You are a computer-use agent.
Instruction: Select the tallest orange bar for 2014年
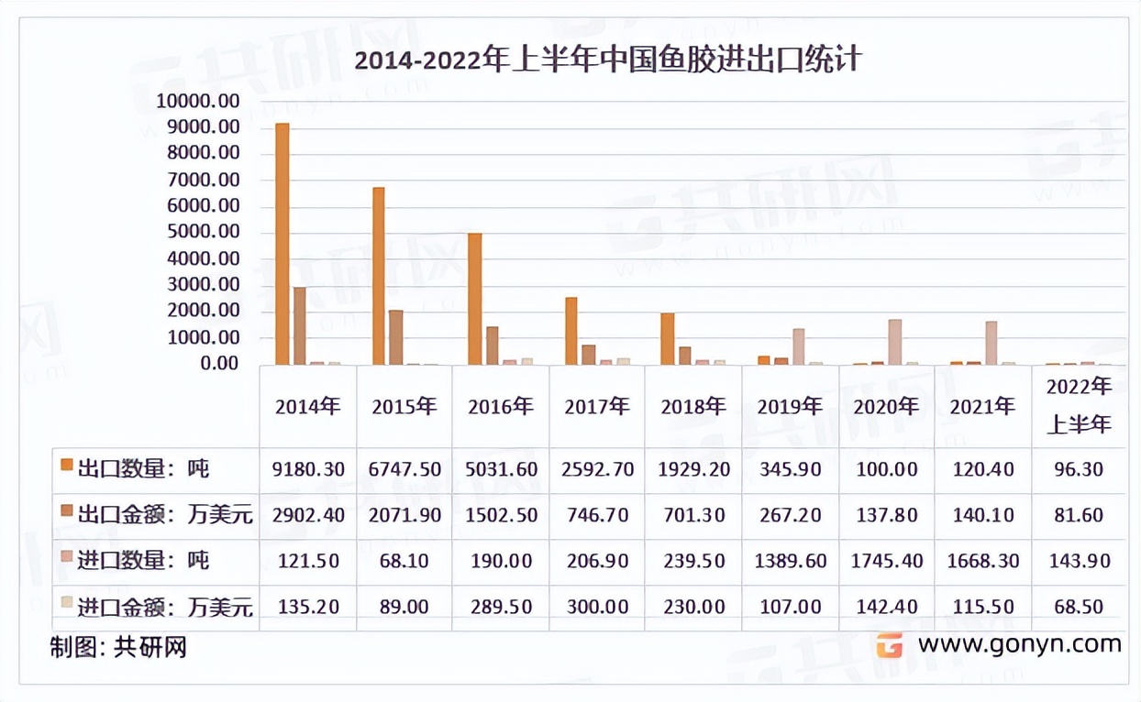pyautogui.click(x=282, y=244)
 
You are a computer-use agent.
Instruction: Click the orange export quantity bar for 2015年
pyautogui.click(x=379, y=276)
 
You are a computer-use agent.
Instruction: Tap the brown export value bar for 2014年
pyautogui.click(x=299, y=325)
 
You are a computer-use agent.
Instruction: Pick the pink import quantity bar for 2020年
pyautogui.click(x=894, y=342)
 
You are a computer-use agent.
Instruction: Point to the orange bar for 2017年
pyautogui.click(x=571, y=331)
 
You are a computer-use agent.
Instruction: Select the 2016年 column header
pyautogui.click(x=500, y=407)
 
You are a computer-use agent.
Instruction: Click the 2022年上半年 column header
pyautogui.click(x=1079, y=406)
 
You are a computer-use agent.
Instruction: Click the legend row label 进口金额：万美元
pyautogui.click(x=166, y=607)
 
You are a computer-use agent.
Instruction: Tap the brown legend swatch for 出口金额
pyautogui.click(x=66, y=514)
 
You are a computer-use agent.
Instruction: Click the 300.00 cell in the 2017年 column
pyautogui.click(x=596, y=607)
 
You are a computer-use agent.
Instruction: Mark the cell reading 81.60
pyautogui.click(x=1079, y=515)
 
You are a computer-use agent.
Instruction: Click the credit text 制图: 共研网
pyautogui.click(x=118, y=647)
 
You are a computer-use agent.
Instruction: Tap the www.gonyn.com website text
pyautogui.click(x=1019, y=644)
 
